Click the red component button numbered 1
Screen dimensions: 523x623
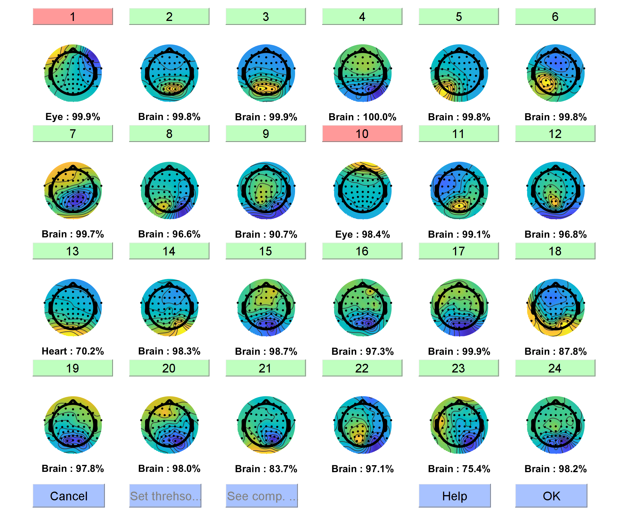pyautogui.click(x=73, y=17)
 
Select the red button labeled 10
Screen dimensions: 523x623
pyautogui.click(x=362, y=134)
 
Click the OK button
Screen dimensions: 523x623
pyautogui.click(x=551, y=496)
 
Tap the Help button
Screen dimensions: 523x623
pyautogui.click(x=454, y=496)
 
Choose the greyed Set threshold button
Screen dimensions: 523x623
pyautogui.click(x=165, y=496)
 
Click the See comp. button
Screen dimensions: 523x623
pyautogui.click(x=262, y=496)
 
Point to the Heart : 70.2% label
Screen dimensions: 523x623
pyautogui.click(x=73, y=351)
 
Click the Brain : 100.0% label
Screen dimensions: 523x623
pyautogui.click(x=362, y=117)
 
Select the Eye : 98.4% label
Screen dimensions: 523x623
pyautogui.click(x=362, y=234)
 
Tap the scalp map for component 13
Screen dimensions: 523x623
pyautogui.click(x=73, y=307)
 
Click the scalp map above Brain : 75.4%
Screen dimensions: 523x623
pyautogui.click(x=459, y=425)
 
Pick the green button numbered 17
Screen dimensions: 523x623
pyautogui.click(x=459, y=251)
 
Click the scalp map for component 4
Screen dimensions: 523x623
pyautogui.click(x=363, y=73)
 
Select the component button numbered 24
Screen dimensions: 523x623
pyautogui.click(x=555, y=368)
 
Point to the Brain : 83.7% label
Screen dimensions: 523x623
pyautogui.click(x=266, y=469)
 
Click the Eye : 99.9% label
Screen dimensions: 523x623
pyautogui.click(x=73, y=117)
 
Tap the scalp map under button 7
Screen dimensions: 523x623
pyautogui.click(x=73, y=190)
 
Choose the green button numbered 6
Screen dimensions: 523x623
pyautogui.click(x=555, y=17)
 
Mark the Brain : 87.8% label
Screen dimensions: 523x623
pyautogui.click(x=555, y=351)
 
